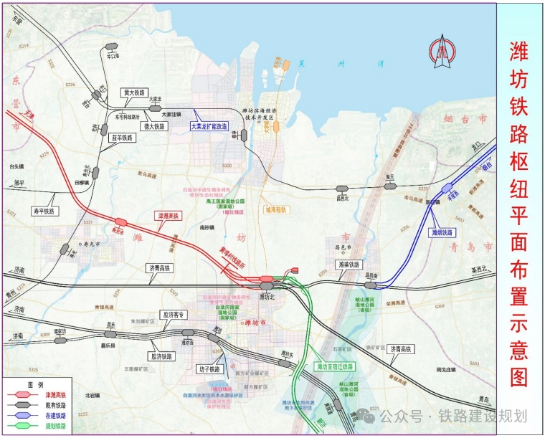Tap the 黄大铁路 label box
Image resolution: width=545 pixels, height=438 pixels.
click(x=134, y=92)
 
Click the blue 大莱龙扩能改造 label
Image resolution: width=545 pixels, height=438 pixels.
click(x=209, y=126)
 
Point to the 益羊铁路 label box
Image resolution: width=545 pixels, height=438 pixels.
click(x=122, y=138)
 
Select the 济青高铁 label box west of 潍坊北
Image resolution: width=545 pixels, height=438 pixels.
click(x=161, y=268)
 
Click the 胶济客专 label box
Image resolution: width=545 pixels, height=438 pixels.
click(x=174, y=315)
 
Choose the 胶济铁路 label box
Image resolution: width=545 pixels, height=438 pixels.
click(x=164, y=356)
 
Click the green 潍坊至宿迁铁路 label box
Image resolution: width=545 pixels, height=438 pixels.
click(x=335, y=366)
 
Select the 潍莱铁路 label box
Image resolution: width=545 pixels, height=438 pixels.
click(x=351, y=265)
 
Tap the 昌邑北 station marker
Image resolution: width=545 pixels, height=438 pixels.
click(x=343, y=189)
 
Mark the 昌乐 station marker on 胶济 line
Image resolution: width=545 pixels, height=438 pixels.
click(x=110, y=333)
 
